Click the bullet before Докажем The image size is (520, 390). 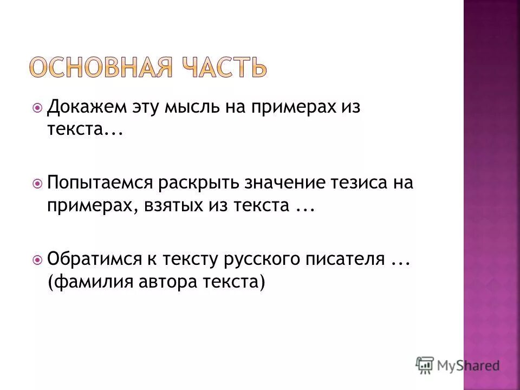[x=37, y=108]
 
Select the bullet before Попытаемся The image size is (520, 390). [x=37, y=184]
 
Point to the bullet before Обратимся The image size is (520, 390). [x=37, y=259]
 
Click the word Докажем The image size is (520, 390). [x=86, y=107]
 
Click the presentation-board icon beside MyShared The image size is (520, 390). [x=425, y=365]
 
